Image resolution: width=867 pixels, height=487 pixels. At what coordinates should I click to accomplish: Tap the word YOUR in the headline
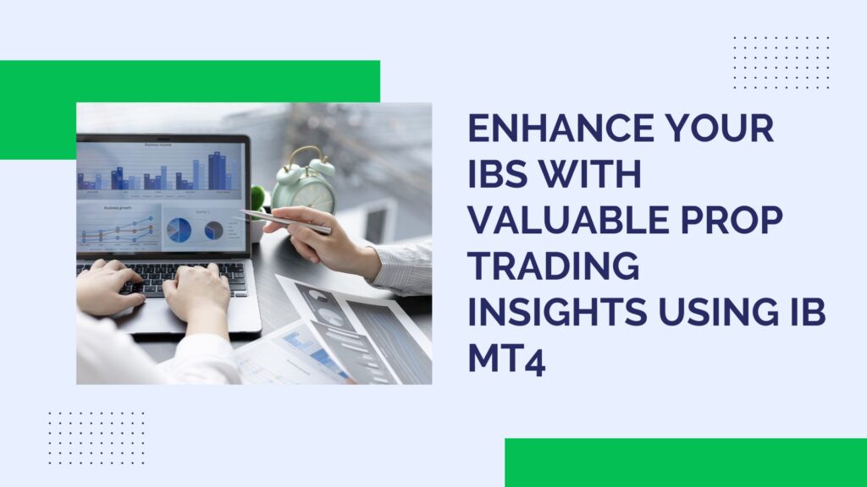722,130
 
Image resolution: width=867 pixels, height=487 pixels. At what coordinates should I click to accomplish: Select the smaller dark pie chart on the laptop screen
213,230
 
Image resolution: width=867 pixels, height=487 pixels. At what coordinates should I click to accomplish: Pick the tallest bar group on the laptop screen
218,172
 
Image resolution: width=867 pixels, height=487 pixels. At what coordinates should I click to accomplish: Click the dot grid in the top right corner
781,63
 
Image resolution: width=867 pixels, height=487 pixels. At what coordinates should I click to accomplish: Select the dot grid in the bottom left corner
96,438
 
